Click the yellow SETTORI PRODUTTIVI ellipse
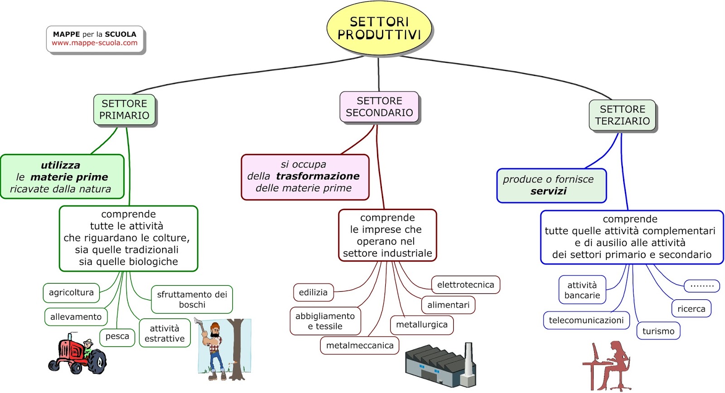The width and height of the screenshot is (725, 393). [x=379, y=28]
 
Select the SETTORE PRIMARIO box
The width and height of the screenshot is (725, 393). [x=124, y=110]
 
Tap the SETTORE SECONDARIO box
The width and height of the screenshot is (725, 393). [x=379, y=107]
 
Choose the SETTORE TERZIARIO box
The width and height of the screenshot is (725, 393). [x=622, y=115]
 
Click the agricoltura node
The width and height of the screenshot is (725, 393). [x=71, y=292]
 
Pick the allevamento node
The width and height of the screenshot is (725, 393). [x=76, y=317]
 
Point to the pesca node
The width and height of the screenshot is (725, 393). [x=117, y=336]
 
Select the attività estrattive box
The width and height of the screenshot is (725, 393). [x=164, y=333]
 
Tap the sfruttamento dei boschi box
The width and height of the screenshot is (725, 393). [x=192, y=299]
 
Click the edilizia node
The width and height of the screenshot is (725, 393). [x=313, y=292]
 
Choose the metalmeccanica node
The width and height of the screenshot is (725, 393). [x=360, y=345]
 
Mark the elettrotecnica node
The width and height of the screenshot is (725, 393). [x=465, y=285]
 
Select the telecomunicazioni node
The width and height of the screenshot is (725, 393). [x=586, y=321]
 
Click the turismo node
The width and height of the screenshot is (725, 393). [x=658, y=331]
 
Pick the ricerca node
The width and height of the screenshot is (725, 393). [x=691, y=309]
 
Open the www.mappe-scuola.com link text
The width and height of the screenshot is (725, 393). [x=94, y=43]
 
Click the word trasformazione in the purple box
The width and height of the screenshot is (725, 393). [x=318, y=176]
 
